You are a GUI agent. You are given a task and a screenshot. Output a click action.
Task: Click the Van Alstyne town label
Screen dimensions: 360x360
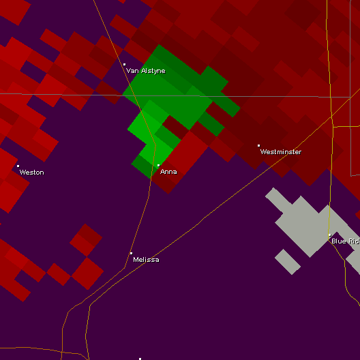click(x=146, y=71)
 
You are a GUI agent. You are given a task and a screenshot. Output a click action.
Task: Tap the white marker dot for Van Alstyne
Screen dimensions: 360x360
click(x=124, y=65)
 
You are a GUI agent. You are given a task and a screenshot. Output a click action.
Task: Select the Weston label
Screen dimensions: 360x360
click(x=31, y=172)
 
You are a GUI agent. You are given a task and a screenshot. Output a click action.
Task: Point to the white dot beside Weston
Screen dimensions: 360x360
click(x=18, y=166)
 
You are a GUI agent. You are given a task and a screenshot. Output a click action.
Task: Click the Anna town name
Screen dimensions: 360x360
click(x=168, y=172)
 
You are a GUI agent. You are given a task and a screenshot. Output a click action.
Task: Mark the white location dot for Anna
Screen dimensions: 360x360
click(x=158, y=165)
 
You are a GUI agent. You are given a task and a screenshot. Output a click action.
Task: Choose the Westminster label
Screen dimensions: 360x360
click(x=280, y=152)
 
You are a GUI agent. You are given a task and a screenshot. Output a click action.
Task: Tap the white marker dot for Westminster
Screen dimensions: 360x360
click(x=258, y=145)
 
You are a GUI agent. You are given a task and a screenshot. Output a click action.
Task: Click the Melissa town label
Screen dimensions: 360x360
click(x=146, y=260)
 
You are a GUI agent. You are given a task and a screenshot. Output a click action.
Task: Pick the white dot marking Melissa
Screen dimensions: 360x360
click(x=131, y=253)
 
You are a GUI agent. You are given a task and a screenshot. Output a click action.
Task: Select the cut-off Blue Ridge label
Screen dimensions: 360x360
click(x=345, y=241)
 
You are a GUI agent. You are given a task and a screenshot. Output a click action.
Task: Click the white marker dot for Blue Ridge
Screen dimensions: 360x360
click(x=329, y=235)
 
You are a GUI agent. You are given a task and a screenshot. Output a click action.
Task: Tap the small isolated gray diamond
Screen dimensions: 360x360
click(x=288, y=262)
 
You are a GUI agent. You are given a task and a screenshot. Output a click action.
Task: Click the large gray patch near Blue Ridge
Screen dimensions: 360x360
click(x=303, y=222)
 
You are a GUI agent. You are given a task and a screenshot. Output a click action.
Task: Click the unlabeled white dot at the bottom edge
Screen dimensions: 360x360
click(x=140, y=359)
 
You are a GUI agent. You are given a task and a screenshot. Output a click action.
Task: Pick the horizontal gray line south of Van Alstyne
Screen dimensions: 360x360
click(x=68, y=94)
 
